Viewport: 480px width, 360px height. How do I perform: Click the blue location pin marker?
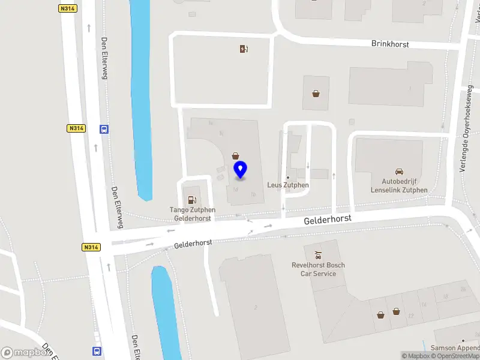(240, 170)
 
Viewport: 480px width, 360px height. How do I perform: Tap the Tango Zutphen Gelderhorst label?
(192, 214)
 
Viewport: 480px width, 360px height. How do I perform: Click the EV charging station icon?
(244, 49)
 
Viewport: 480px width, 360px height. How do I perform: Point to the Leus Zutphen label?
(287, 185)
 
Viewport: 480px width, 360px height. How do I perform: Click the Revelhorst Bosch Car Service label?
(318, 269)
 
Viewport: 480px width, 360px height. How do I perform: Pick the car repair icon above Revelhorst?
(318, 254)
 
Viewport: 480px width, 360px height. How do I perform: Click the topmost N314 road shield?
(68, 8)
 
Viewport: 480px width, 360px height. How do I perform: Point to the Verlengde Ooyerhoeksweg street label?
(467, 129)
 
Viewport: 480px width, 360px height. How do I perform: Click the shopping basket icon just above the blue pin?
(235, 155)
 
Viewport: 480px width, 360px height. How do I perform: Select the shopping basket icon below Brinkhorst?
(316, 93)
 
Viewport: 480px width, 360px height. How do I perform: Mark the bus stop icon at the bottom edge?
(97, 351)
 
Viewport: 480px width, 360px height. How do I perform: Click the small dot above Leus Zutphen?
(287, 178)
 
